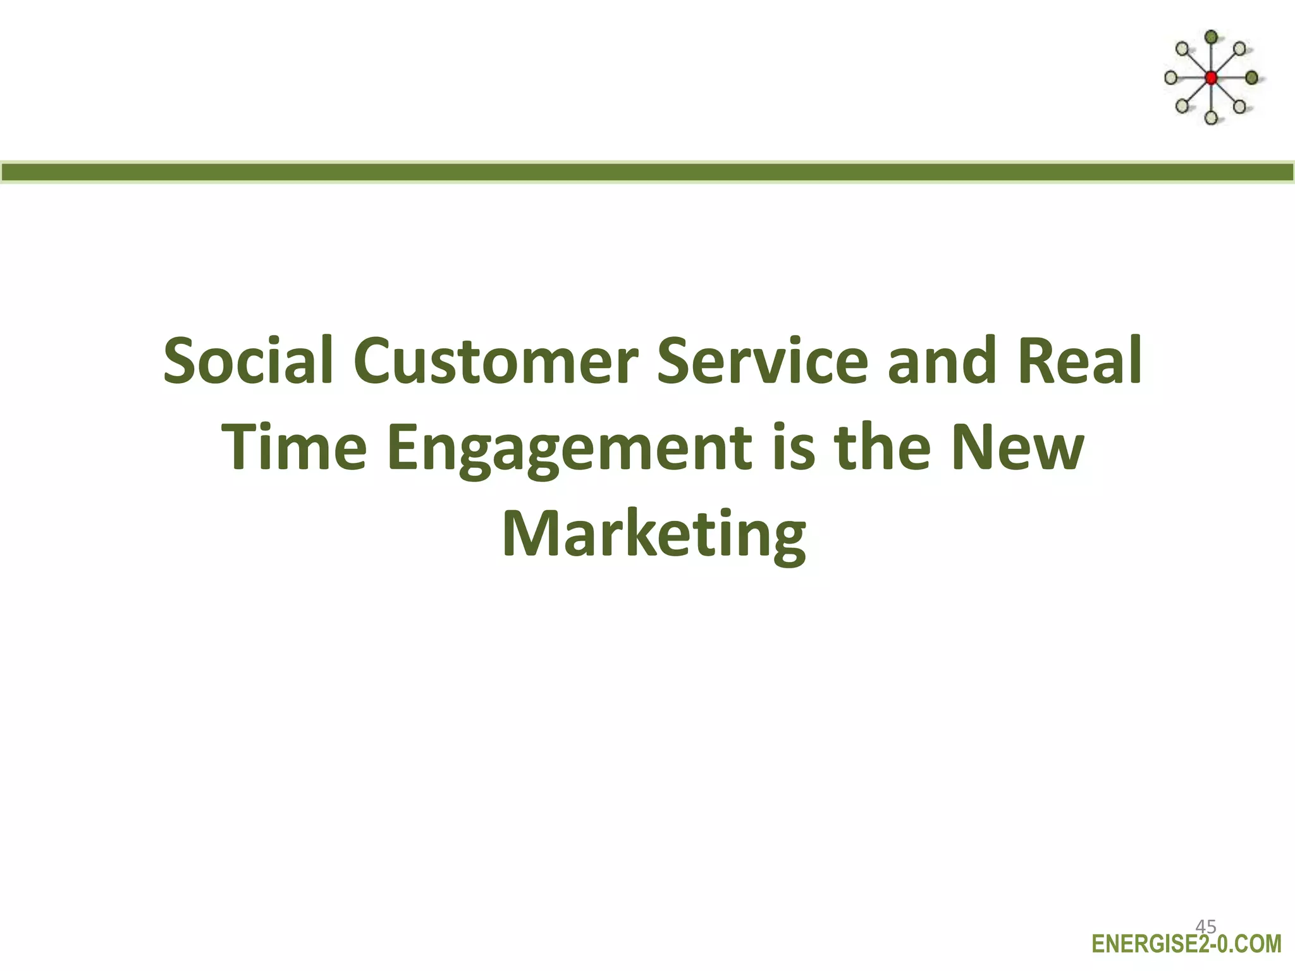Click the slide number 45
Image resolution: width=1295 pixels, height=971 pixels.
tap(1205, 927)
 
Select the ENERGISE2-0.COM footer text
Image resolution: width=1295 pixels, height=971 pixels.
tap(1186, 944)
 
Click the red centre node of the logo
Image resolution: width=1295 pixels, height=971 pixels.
tap(1211, 78)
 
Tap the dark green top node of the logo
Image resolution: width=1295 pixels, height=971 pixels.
tap(1211, 37)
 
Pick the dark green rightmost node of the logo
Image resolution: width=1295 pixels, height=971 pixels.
tap(1251, 78)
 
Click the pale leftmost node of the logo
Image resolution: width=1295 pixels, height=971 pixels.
tap(1170, 78)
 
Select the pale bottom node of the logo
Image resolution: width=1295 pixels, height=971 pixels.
tap(1211, 118)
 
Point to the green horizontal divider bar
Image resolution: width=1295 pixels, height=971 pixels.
tap(647, 172)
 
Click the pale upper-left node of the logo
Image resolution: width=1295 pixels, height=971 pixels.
tap(1182, 49)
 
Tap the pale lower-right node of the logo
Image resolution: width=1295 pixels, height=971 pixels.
tap(1239, 107)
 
